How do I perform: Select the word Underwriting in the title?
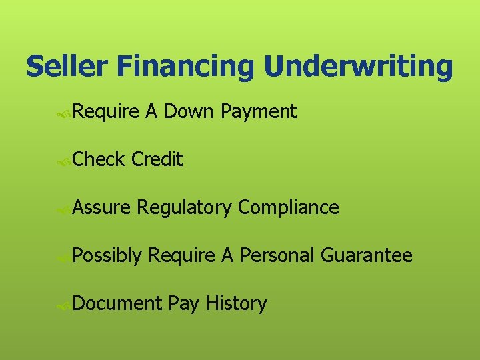click(x=358, y=67)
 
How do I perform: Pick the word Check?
click(x=99, y=159)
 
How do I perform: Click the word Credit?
click(x=157, y=159)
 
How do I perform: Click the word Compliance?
click(x=289, y=207)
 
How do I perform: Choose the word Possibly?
click(x=107, y=256)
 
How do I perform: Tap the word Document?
click(x=117, y=304)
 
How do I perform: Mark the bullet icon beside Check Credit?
click(x=64, y=161)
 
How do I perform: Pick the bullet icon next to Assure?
click(x=64, y=209)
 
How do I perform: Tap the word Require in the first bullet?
click(x=105, y=113)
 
